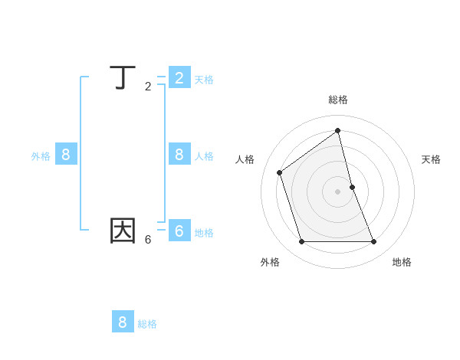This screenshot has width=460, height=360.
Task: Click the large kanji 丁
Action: (x=123, y=78)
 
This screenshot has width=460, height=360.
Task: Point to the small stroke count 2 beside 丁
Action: (x=148, y=87)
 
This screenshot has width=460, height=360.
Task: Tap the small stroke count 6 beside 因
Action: (x=148, y=240)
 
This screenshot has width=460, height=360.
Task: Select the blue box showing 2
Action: (x=179, y=77)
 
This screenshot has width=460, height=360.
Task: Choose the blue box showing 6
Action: (x=179, y=230)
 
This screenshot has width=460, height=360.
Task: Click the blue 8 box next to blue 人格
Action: (x=179, y=154)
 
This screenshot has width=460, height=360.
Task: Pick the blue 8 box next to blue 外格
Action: (x=66, y=154)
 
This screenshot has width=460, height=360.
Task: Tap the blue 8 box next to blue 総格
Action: (x=123, y=322)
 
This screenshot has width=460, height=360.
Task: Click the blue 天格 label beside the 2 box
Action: (x=204, y=80)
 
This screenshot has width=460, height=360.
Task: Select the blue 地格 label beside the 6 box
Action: (x=204, y=233)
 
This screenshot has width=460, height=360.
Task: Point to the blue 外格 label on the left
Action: (x=41, y=156)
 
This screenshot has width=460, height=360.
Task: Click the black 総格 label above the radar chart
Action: (x=338, y=100)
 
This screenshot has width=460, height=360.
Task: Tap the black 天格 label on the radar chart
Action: (x=431, y=159)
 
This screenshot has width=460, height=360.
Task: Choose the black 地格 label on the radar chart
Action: (x=402, y=262)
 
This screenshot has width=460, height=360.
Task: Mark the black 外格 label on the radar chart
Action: (x=270, y=262)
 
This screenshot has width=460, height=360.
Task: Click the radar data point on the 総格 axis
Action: (x=338, y=130)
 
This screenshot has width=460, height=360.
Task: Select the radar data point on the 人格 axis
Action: (x=280, y=172)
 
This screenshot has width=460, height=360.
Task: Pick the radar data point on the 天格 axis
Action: (x=353, y=187)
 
